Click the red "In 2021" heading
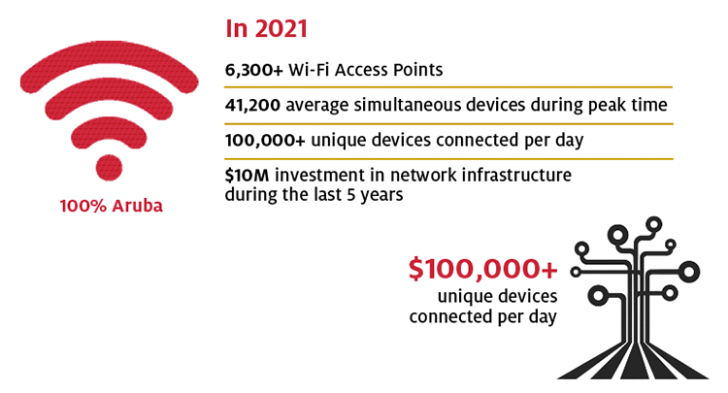click(x=266, y=29)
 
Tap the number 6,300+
click(x=253, y=70)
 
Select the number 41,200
click(x=252, y=106)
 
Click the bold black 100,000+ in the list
click(x=265, y=140)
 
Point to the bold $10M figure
click(x=247, y=176)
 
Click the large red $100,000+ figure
click(x=482, y=269)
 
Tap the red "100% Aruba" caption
click(x=112, y=206)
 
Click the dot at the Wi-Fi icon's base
click(x=109, y=168)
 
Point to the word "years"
click(x=381, y=195)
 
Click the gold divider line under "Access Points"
click(x=448, y=86)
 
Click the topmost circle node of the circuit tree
click(x=653, y=224)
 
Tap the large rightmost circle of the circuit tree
click(x=689, y=271)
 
